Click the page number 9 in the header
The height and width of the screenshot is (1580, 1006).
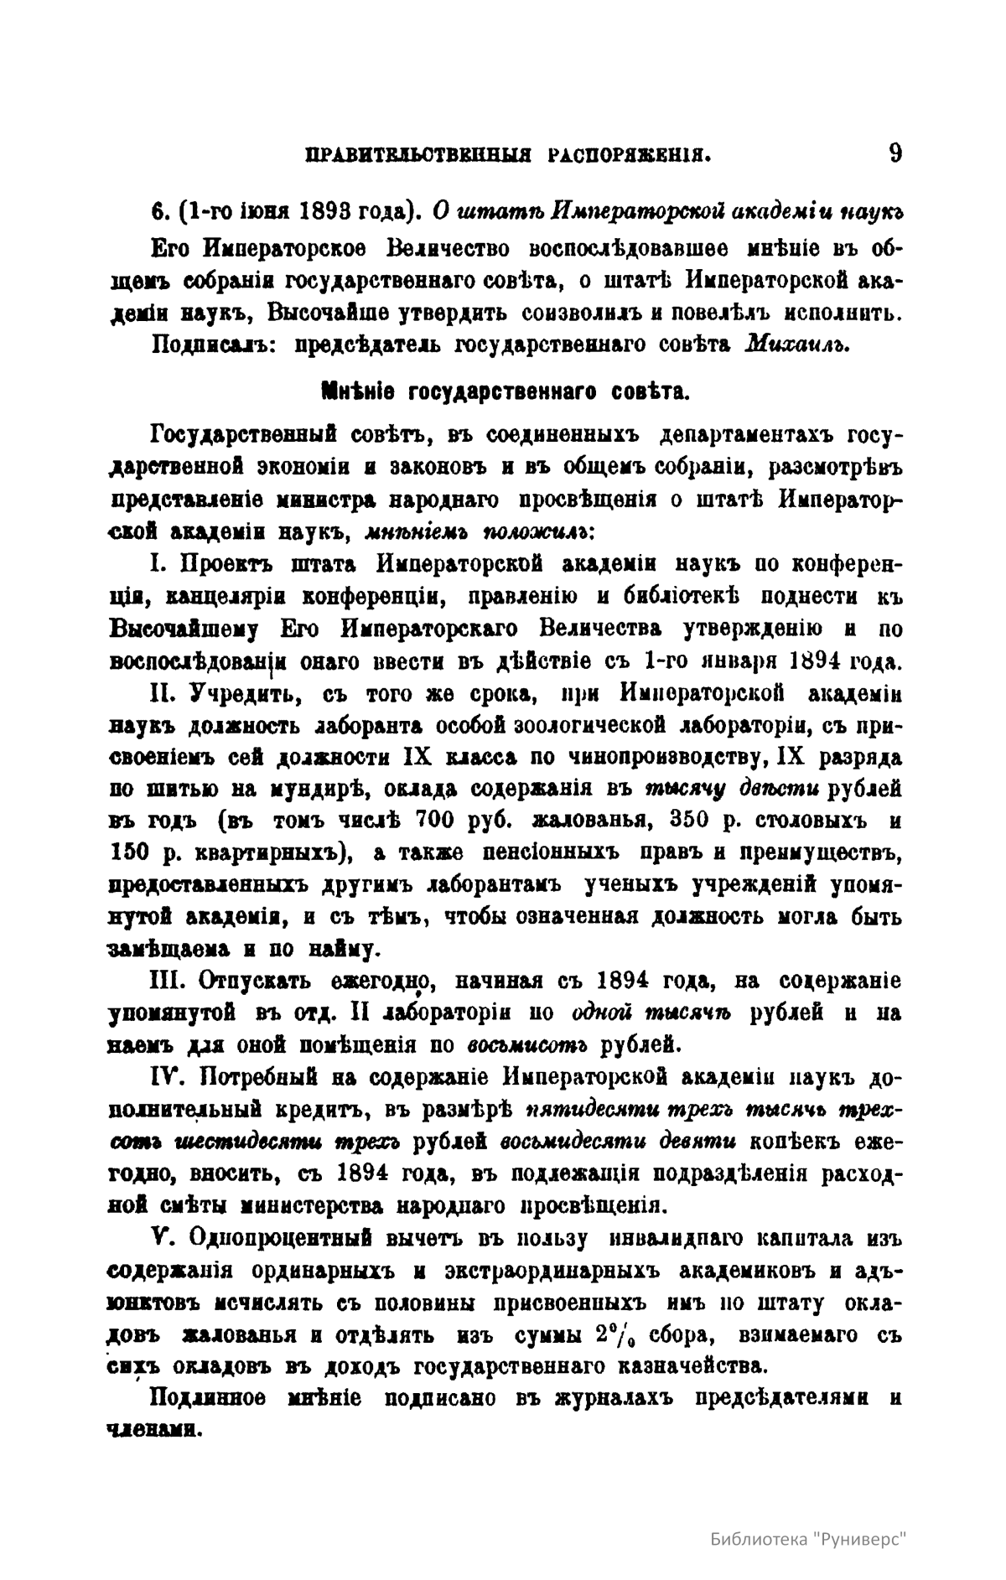[895, 153]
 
